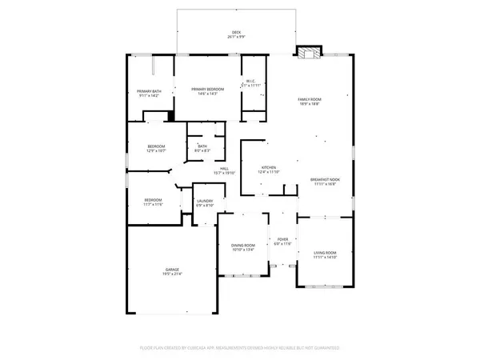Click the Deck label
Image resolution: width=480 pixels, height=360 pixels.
click(x=237, y=33)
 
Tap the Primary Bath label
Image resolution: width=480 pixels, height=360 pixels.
click(x=149, y=90)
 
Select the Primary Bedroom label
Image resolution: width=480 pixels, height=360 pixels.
click(x=207, y=90)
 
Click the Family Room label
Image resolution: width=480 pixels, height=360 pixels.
click(x=310, y=99)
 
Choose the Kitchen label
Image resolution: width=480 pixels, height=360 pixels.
click(x=268, y=167)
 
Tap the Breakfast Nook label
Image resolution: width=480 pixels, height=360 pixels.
click(x=325, y=179)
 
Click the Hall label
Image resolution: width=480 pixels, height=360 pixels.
click(x=225, y=168)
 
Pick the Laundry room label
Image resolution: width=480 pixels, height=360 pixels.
click(x=205, y=202)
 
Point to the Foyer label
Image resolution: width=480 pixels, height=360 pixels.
click(x=282, y=238)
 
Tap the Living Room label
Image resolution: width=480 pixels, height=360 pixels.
click(x=326, y=252)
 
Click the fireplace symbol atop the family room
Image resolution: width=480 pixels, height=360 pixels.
click(x=307, y=53)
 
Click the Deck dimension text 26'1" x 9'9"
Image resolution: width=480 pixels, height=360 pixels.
click(x=237, y=38)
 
